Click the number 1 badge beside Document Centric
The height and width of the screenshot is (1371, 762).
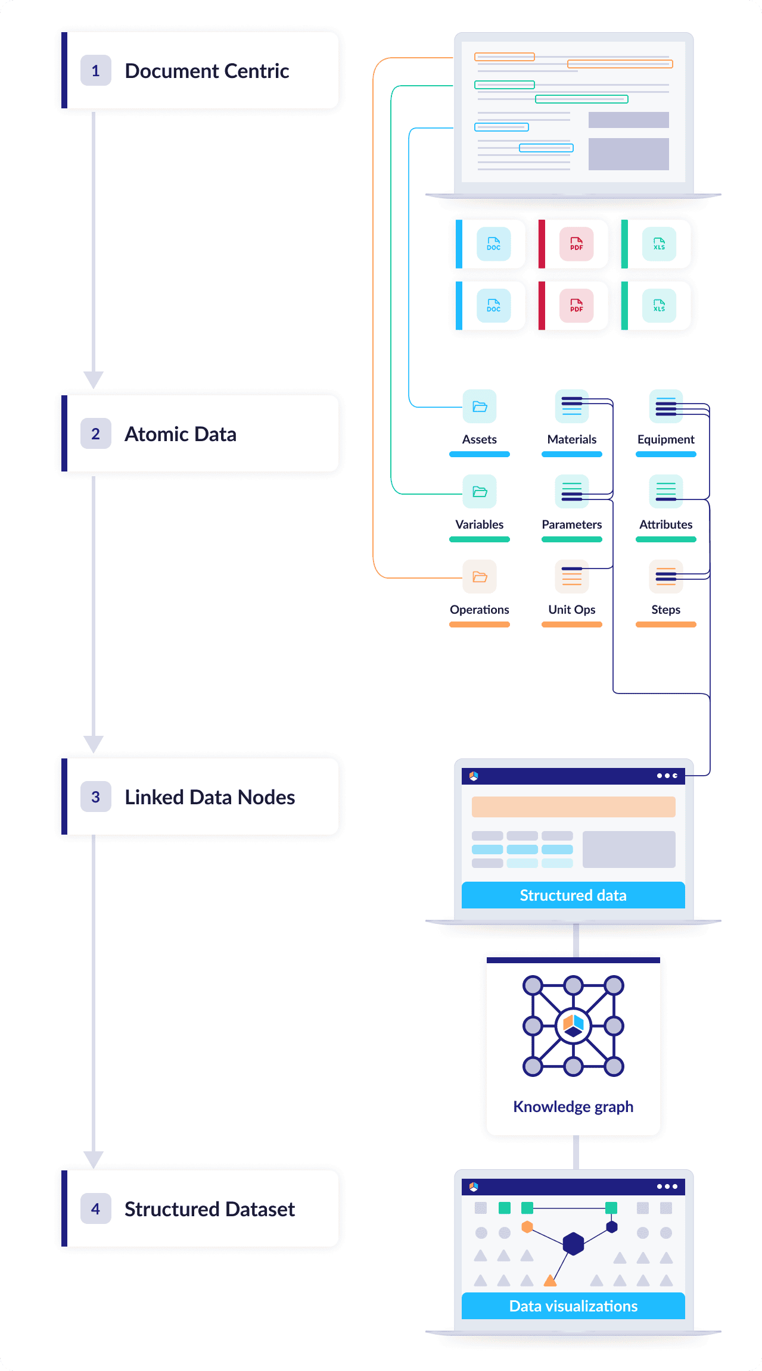click(x=95, y=71)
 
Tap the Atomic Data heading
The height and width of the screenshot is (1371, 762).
click(x=180, y=434)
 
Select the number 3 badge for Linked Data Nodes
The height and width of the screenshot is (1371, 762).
click(x=95, y=797)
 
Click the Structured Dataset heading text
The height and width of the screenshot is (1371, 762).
click(x=209, y=1209)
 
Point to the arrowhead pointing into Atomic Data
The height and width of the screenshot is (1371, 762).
click(x=94, y=379)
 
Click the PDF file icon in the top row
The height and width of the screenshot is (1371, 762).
click(x=576, y=244)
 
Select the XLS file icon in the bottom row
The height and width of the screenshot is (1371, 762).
click(x=659, y=306)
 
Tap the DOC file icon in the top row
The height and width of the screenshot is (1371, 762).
click(x=493, y=244)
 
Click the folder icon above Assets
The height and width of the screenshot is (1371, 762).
click(x=480, y=407)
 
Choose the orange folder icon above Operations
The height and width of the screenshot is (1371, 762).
click(x=480, y=577)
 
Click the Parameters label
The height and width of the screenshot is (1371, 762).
click(x=571, y=524)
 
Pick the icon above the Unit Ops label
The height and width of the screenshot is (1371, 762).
click(x=571, y=577)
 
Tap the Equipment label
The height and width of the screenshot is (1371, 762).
click(x=665, y=439)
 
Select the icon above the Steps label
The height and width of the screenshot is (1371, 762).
click(x=665, y=577)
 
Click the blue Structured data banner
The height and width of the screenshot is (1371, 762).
click(x=573, y=895)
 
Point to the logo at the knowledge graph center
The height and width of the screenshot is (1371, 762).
click(x=573, y=1026)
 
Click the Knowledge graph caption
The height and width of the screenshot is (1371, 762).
click(x=573, y=1107)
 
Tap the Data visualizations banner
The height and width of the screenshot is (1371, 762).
click(x=573, y=1306)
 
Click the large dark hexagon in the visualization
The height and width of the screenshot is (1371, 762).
click(x=573, y=1244)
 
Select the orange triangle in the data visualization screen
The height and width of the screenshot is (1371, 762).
click(x=550, y=1281)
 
